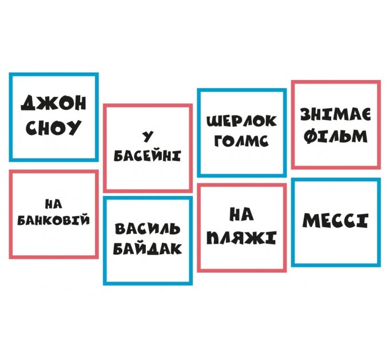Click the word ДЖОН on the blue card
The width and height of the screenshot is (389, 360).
pyautogui.click(x=53, y=103)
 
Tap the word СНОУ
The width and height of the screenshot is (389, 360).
pyautogui.click(x=53, y=127)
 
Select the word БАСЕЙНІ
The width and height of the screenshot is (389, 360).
pyautogui.click(x=147, y=155)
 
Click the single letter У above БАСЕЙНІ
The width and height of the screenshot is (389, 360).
pyautogui.click(x=148, y=136)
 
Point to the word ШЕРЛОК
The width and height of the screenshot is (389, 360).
pyautogui.click(x=241, y=121)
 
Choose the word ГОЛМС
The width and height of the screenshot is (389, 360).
pyautogui.click(x=241, y=141)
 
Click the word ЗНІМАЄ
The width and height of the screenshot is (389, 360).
pyautogui.click(x=335, y=115)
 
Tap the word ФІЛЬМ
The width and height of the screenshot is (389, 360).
pyautogui.click(x=335, y=137)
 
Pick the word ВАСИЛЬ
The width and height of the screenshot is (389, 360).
pyautogui.click(x=148, y=229)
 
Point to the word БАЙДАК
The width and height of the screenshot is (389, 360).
pyautogui.click(x=148, y=249)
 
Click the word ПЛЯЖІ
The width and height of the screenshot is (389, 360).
pyautogui.click(x=241, y=237)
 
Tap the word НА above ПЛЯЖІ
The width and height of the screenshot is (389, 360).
pyautogui.click(x=241, y=214)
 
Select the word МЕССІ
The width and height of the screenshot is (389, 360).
pyautogui.click(x=335, y=221)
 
